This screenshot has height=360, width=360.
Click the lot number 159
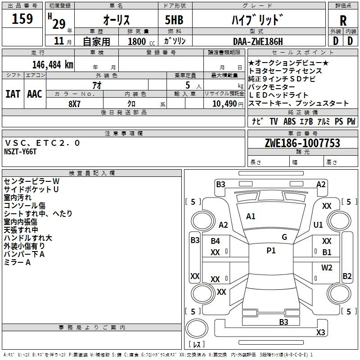click(22, 18)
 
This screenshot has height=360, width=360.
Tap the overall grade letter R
click(343, 21)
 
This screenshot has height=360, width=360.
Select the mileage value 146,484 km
click(53, 65)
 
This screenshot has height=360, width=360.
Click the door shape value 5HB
click(174, 20)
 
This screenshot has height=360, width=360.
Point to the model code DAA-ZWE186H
click(258, 41)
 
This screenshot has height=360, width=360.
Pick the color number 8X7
click(74, 104)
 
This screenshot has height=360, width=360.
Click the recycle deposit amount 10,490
click(225, 104)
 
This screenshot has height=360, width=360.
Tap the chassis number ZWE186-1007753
click(302, 143)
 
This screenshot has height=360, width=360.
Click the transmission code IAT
click(13, 94)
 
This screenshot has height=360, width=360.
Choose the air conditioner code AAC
click(35, 94)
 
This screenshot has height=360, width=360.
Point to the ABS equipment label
click(289, 121)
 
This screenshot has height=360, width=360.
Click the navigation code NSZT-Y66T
click(20, 152)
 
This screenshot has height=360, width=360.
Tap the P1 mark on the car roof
click(271, 251)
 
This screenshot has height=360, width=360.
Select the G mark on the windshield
click(284, 237)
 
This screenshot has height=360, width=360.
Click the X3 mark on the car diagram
click(320, 332)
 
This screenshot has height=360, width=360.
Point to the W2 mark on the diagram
click(327, 267)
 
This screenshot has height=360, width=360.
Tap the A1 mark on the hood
click(251, 216)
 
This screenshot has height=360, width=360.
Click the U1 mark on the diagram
click(318, 225)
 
